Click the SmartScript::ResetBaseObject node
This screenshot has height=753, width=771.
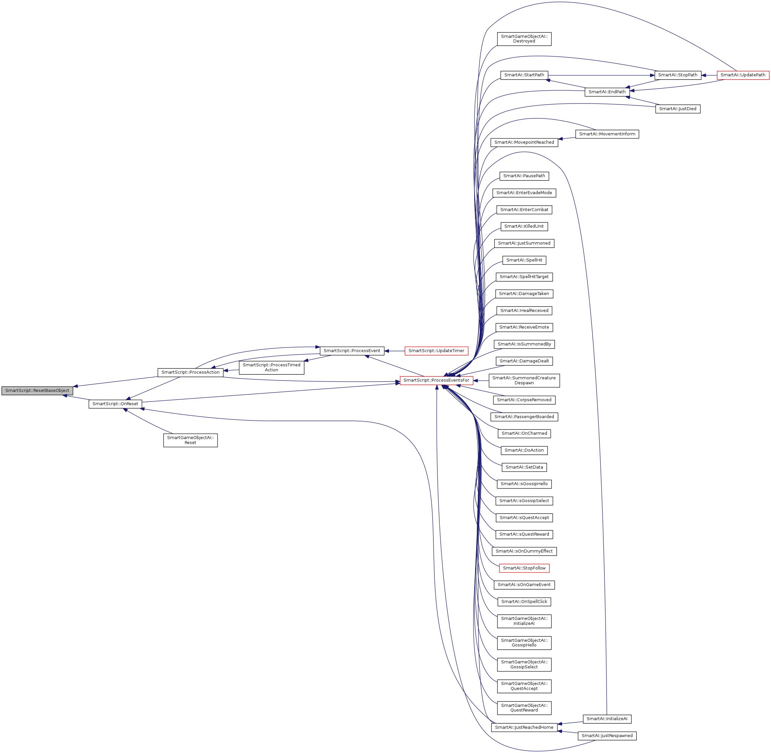pyautogui.click(x=37, y=390)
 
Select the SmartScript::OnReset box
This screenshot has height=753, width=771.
pyautogui.click(x=115, y=404)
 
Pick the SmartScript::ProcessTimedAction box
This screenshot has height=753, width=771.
pyautogui.click(x=271, y=367)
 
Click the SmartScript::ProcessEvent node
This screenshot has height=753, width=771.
pyautogui.click(x=352, y=350)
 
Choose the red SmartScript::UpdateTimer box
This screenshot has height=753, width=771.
pyautogui.click(x=436, y=351)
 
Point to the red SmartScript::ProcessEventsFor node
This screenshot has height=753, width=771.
pyautogui.click(x=436, y=380)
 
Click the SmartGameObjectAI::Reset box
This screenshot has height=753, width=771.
pyautogui.click(x=190, y=440)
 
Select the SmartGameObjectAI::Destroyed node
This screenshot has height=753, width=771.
pyautogui.click(x=524, y=39)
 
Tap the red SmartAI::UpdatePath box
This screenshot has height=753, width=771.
pyautogui.click(x=742, y=75)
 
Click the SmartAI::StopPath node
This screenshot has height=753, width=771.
pyautogui.click(x=677, y=75)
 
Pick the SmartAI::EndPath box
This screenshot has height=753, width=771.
pyautogui.click(x=607, y=92)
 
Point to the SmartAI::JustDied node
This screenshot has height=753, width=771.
pyautogui.click(x=677, y=109)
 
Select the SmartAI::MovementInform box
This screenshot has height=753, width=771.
pyautogui.click(x=607, y=134)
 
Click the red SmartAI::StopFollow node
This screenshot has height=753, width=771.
pyautogui.click(x=524, y=568)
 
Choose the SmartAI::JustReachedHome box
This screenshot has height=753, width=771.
pyautogui.click(x=524, y=727)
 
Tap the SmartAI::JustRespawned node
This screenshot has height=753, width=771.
pyautogui.click(x=607, y=736)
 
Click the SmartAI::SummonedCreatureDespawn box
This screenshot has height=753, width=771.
pyautogui.click(x=524, y=380)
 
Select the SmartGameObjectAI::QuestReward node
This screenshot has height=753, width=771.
pyautogui.click(x=524, y=708)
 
